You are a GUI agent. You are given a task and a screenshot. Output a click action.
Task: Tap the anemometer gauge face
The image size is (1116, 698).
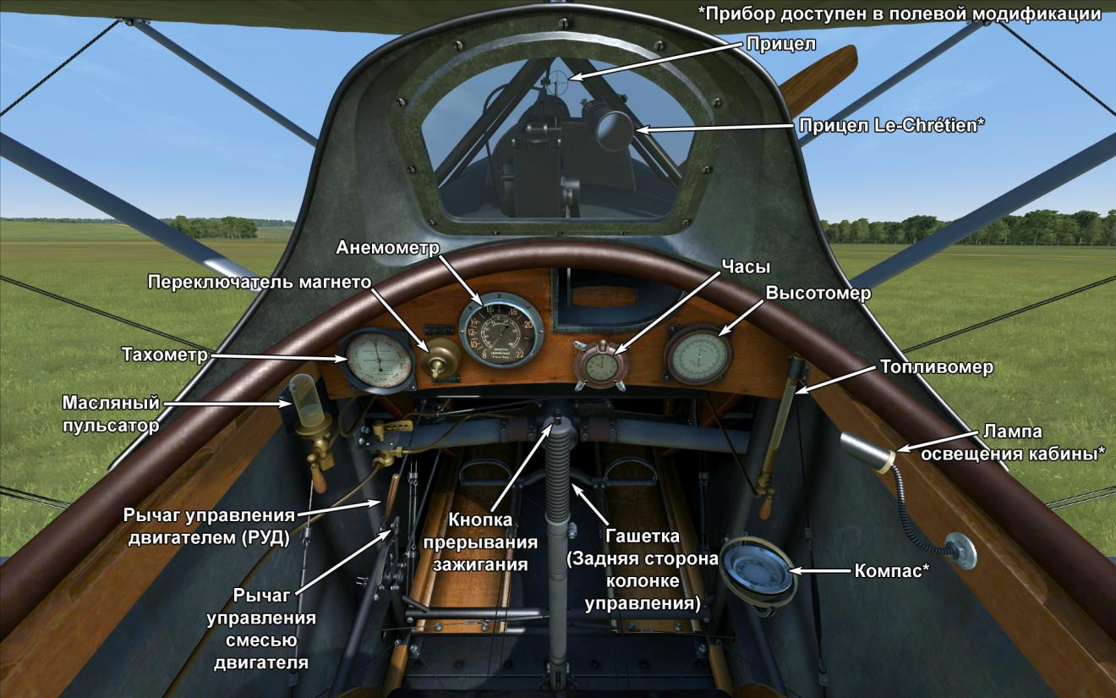point(501,331)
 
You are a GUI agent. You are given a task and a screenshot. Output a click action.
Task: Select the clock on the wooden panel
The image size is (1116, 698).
point(599,362)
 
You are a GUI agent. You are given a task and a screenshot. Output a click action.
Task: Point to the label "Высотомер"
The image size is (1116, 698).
point(818,293)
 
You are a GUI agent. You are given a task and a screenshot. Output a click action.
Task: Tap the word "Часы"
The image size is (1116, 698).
point(745,267)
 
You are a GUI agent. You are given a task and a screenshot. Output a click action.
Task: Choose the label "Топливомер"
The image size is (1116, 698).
point(936,367)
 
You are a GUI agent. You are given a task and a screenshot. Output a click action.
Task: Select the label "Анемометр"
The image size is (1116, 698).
point(388,248)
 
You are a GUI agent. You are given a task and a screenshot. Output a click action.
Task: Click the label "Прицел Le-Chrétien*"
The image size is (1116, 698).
point(892,125)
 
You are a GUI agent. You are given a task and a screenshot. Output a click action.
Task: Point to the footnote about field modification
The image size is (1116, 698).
point(899,14)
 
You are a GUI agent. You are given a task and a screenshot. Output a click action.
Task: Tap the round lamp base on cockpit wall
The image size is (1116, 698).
point(960,550)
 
